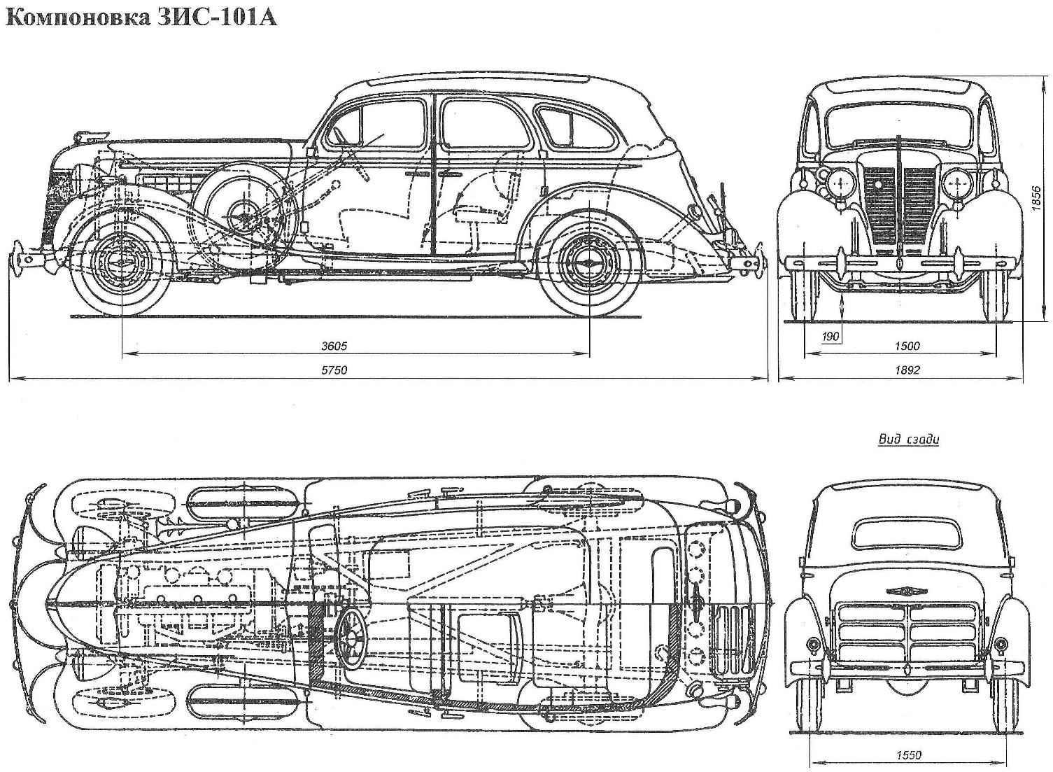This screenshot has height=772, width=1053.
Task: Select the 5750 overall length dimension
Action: click(x=334, y=370)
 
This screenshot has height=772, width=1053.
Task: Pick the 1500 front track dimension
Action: click(x=907, y=346)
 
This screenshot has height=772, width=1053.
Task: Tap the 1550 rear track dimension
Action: click(x=907, y=755)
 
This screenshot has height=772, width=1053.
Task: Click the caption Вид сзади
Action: click(x=908, y=440)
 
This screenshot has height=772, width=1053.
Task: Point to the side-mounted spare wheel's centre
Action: click(x=244, y=209)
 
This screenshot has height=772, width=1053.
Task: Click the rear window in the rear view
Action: click(x=907, y=534)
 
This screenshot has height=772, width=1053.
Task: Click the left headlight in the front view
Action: click(x=838, y=184)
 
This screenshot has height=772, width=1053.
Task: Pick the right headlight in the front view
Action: click(x=956, y=184)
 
